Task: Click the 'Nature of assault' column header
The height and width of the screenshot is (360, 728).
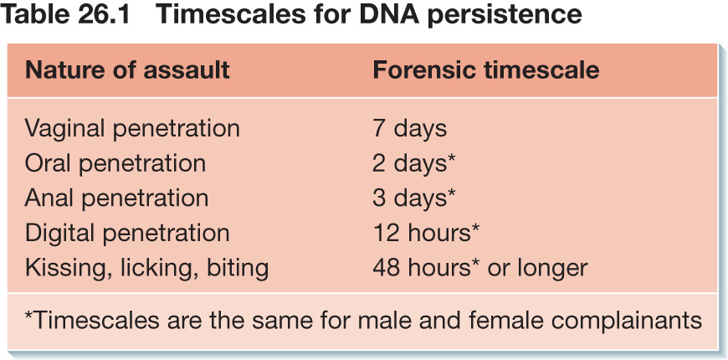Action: [127, 70]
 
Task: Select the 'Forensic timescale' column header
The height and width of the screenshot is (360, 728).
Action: [486, 70]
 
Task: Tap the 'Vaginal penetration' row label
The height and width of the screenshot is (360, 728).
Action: [132, 129]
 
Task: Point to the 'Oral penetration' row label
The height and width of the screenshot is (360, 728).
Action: [115, 163]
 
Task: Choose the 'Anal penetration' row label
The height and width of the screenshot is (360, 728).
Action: [116, 198]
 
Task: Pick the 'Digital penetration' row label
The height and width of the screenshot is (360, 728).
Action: [127, 234]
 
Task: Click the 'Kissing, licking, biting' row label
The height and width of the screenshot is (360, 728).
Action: [146, 268]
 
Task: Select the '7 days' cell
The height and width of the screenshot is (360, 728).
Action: [409, 129]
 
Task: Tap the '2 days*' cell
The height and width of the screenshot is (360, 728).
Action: [414, 163]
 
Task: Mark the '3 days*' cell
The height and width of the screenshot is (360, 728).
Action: [414, 198]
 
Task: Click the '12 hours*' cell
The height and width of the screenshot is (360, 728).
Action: [426, 234]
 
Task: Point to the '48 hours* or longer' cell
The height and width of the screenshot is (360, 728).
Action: [480, 268]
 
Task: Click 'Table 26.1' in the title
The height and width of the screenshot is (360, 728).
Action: [66, 15]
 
